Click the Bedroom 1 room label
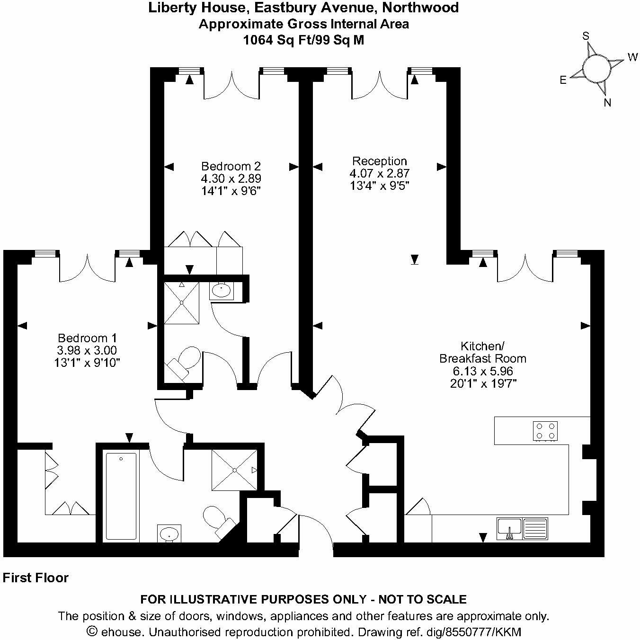(x=87, y=338)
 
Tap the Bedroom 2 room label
(x=231, y=166)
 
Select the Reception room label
(x=379, y=161)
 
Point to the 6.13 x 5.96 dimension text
(x=483, y=371)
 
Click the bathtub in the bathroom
(x=121, y=496)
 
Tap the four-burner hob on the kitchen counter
(x=545, y=431)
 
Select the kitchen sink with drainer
(x=522, y=528)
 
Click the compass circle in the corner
(x=596, y=69)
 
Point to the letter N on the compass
(x=607, y=103)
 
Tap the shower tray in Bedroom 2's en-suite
(x=181, y=303)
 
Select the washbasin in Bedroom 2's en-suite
(x=222, y=290)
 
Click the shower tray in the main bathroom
(x=234, y=470)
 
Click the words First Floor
(x=36, y=578)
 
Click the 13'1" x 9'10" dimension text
(x=87, y=363)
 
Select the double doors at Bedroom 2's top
(x=231, y=85)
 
